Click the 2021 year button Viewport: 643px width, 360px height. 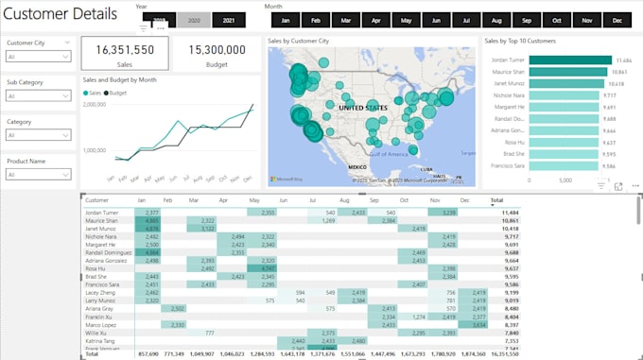point(229,20)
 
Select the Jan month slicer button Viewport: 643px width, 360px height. point(285,20)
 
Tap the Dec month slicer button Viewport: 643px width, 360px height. point(617,20)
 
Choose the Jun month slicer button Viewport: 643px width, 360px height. point(436,20)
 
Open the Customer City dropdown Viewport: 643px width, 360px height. point(39,57)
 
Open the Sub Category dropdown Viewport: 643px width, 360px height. point(39,95)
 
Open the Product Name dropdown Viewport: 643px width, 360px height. point(39,175)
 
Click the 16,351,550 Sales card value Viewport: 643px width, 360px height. point(124,50)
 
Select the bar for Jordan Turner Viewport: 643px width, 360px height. point(565,59)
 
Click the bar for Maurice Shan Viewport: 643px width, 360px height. point(562,71)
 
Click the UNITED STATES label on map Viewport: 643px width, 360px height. point(363,109)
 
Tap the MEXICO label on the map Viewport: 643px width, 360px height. point(356,167)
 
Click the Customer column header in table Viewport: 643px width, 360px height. point(96,200)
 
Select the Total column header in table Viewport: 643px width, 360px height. point(497,200)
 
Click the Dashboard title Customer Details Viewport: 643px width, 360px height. point(61,14)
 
